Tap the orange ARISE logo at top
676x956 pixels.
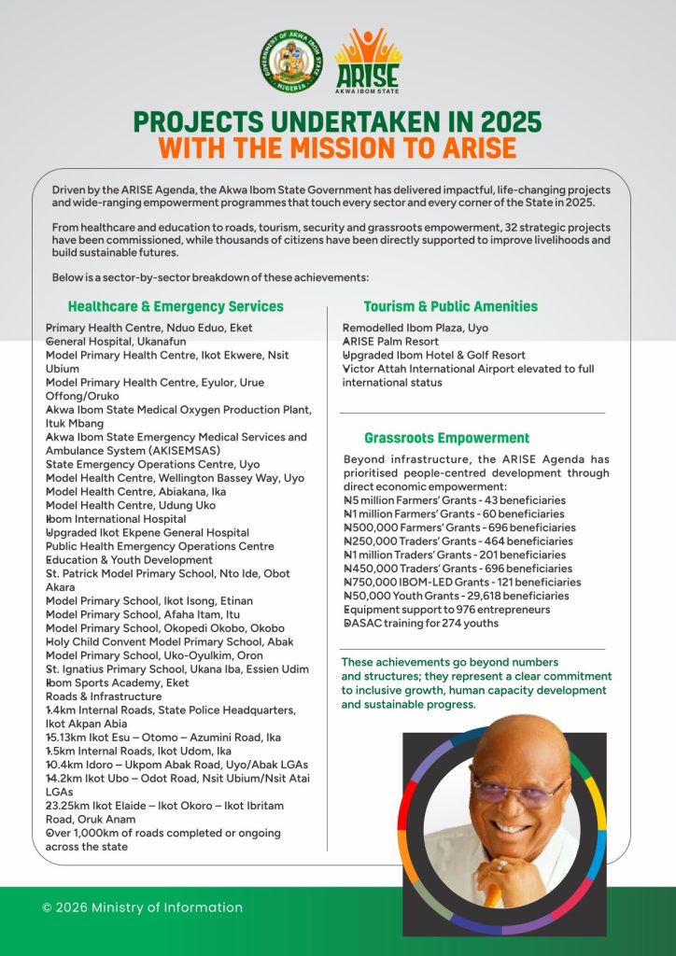[368, 60]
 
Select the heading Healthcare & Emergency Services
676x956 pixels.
[176, 306]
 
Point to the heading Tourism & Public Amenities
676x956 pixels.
[450, 306]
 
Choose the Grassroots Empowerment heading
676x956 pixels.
[446, 438]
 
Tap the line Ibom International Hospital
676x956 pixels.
[116, 519]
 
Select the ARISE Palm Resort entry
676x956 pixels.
[391, 342]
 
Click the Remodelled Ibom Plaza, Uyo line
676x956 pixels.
[415, 329]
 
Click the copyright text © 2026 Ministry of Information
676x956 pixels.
[142, 907]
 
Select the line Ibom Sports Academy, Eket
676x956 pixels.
[117, 682]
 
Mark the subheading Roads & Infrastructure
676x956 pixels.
[103, 696]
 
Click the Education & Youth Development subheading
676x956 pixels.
[129, 560]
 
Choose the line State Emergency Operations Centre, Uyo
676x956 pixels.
[153, 464]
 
